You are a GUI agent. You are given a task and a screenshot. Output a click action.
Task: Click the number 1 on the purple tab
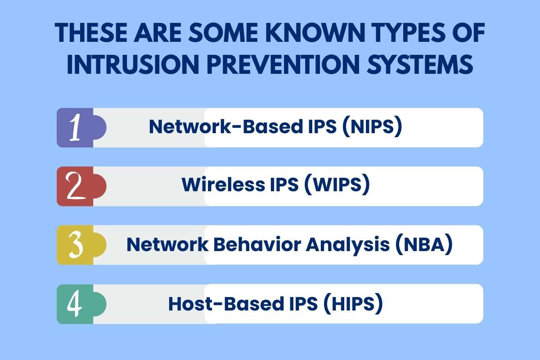click(x=76, y=128)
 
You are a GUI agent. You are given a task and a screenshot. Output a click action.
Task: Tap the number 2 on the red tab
click(x=76, y=186)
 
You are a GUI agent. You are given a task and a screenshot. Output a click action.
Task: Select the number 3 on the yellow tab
click(x=76, y=245)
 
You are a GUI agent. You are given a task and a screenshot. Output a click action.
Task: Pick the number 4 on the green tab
click(x=75, y=303)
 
